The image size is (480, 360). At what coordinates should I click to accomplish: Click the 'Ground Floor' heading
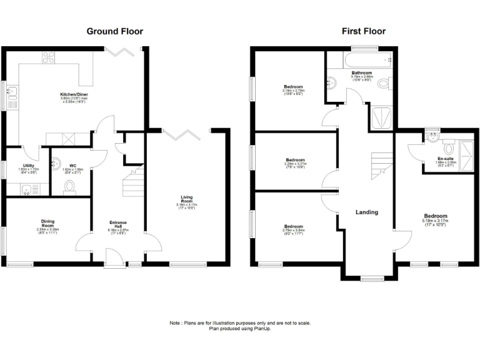tap(114, 31)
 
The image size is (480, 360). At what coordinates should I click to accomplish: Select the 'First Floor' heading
tap(363, 31)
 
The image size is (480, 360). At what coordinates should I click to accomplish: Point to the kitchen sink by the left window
tap(12, 94)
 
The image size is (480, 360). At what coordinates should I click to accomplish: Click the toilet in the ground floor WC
tap(70, 186)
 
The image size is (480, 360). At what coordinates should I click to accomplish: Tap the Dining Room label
tap(47, 222)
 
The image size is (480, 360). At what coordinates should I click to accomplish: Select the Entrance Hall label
tap(118, 224)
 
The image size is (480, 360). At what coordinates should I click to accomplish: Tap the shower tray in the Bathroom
tap(381, 117)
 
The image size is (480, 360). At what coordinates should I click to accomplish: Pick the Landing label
tap(367, 212)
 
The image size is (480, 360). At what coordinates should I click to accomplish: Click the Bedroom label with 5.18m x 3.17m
tap(434, 216)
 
